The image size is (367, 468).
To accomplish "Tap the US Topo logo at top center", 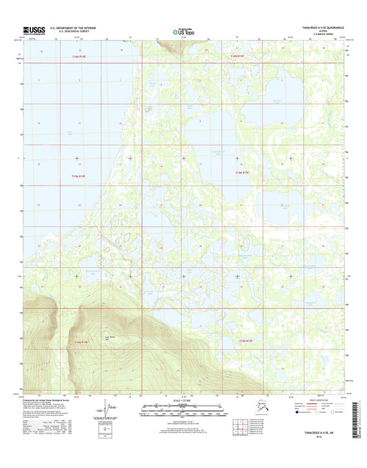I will point(183,30).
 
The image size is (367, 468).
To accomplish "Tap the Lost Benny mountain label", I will point(107,337).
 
